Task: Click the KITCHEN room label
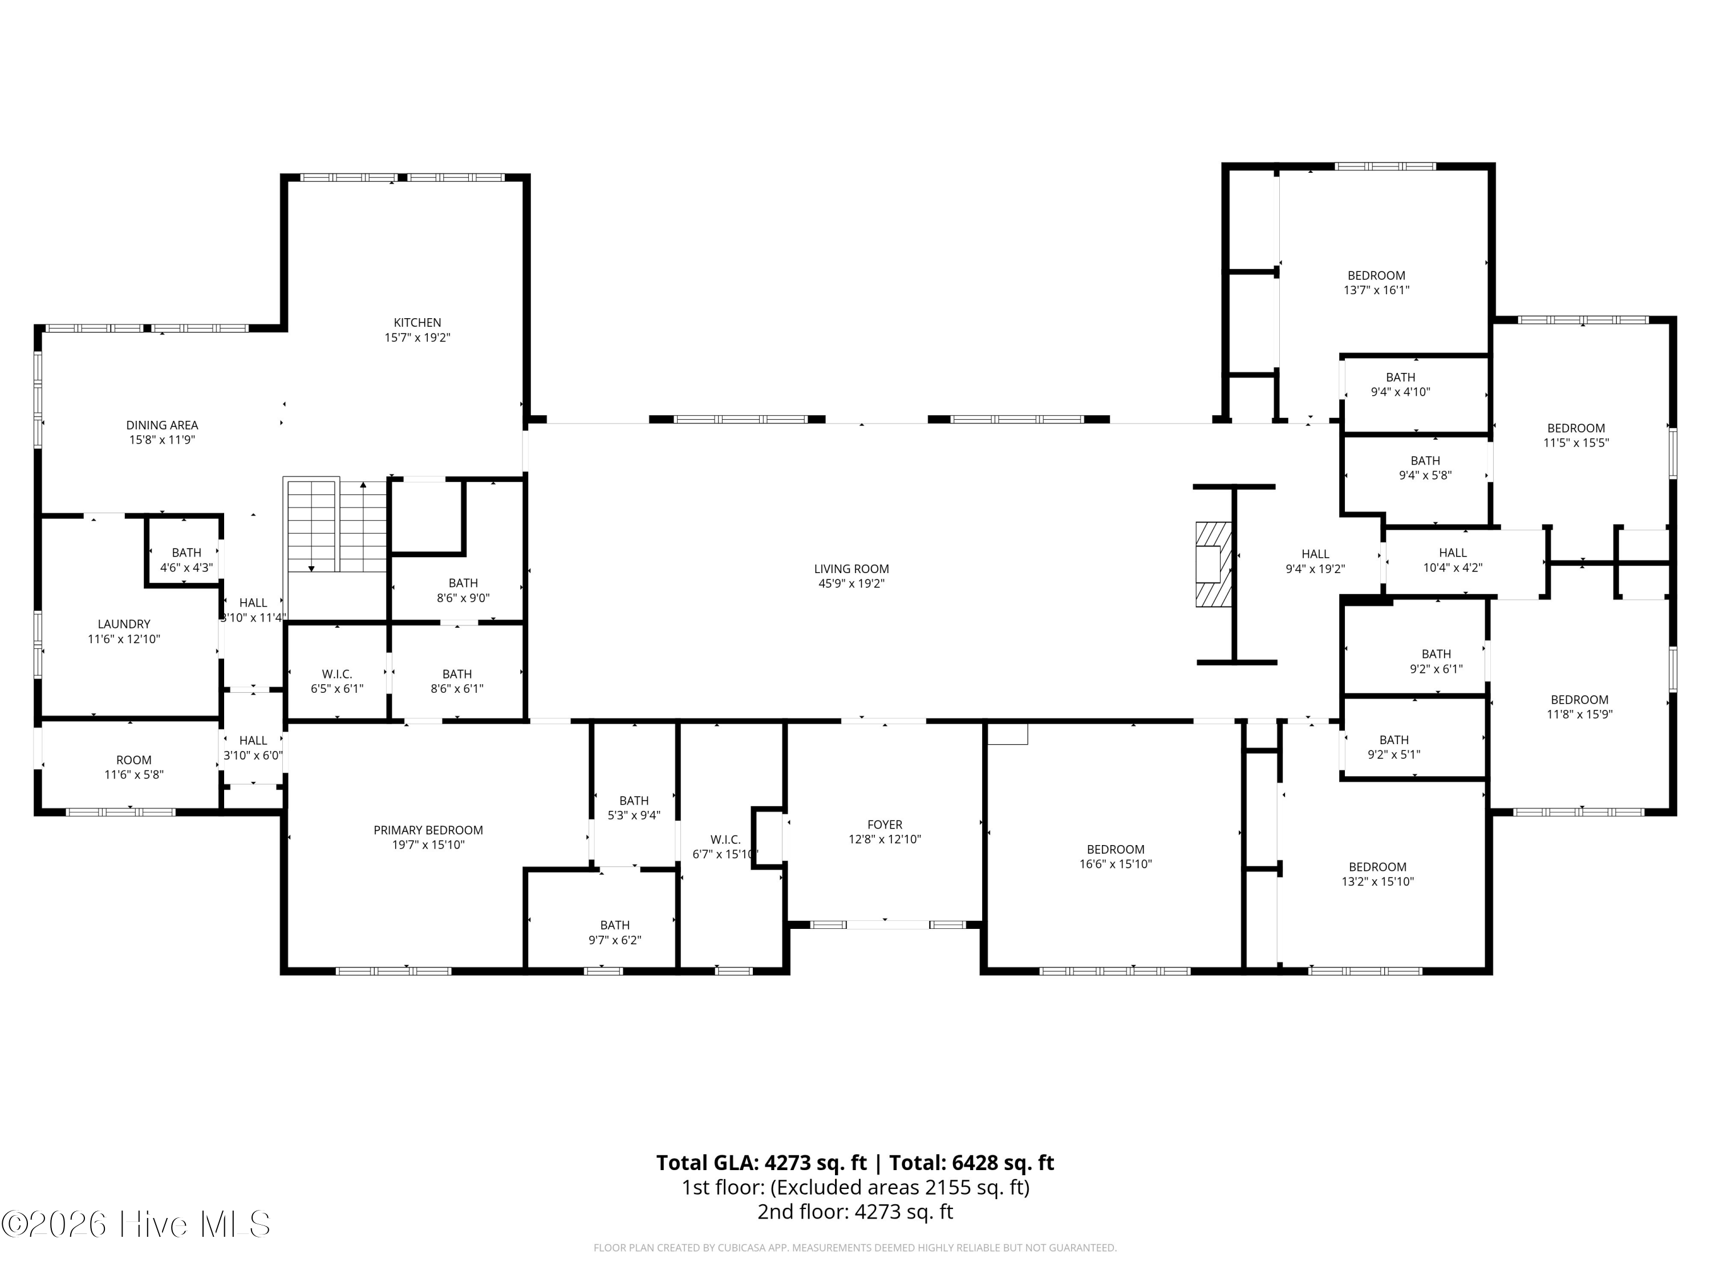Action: click(x=417, y=323)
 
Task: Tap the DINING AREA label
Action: click(x=163, y=425)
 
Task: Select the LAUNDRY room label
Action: click(x=124, y=624)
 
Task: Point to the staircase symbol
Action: click(x=336, y=526)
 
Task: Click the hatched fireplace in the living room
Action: click(x=1214, y=564)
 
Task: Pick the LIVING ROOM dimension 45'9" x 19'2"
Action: click(x=852, y=584)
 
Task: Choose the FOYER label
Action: click(x=885, y=825)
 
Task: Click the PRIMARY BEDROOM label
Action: click(x=428, y=830)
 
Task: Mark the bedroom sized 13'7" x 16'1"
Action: click(x=1377, y=282)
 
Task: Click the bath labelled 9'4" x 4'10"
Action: click(x=1401, y=384)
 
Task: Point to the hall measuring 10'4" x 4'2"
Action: click(x=1453, y=560)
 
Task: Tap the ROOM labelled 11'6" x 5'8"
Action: click(x=134, y=767)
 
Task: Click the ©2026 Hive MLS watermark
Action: click(x=136, y=1224)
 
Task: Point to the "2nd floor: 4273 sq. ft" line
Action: click(x=855, y=1212)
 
